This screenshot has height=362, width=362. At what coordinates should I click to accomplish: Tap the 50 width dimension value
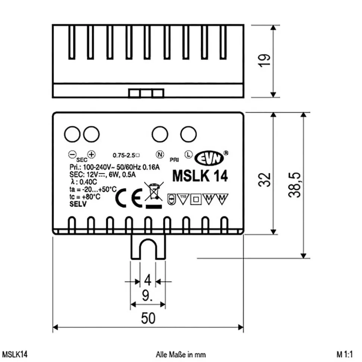point(148,318)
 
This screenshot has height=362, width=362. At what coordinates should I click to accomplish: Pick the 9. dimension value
point(148,296)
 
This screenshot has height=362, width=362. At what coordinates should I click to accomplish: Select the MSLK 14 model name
point(200,176)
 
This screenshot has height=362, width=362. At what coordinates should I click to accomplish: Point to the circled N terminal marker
point(159,154)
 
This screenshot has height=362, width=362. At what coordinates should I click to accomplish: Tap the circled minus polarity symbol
point(73,154)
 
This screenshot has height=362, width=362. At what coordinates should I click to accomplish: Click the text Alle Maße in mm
point(181,354)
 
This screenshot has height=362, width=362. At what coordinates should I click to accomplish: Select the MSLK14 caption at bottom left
point(15,354)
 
